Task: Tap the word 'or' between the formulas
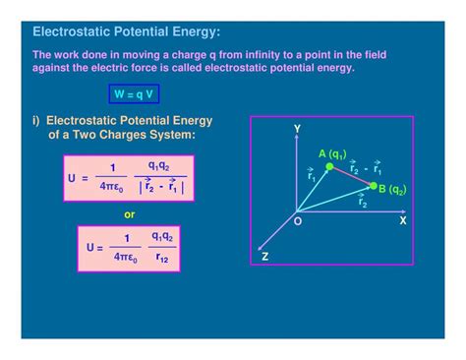coord(129,213)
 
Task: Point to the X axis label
coord(403,221)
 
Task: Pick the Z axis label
coord(264,256)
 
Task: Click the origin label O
coord(298,223)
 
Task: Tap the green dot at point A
coord(330,167)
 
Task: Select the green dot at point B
coord(374,185)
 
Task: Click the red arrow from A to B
coord(352,176)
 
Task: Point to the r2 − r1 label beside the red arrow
coord(364,167)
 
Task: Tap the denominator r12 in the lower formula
coord(162,256)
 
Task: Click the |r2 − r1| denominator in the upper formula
coord(161,186)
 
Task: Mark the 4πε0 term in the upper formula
coord(113,187)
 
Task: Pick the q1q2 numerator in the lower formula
coord(162,237)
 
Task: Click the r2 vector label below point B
coord(363,203)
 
